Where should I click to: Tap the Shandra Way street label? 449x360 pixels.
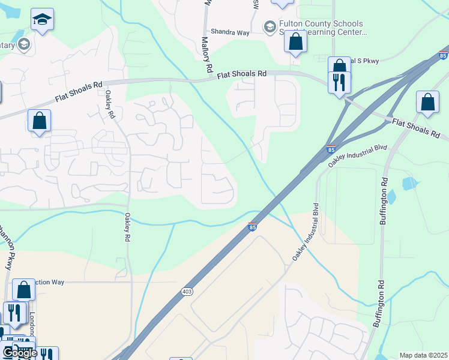pyautogui.click(x=229, y=32)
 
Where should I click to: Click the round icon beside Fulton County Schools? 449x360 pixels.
pyautogui.click(x=270, y=27)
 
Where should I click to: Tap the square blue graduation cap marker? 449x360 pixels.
pyautogui.click(x=42, y=20)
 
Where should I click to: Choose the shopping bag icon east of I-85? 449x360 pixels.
pyautogui.click(x=427, y=103)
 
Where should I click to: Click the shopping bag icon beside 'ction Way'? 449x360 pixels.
pyautogui.click(x=23, y=290)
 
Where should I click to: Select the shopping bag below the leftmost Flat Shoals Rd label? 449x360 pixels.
pyautogui.click(x=39, y=121)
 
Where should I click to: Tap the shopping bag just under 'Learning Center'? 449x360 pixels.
pyautogui.click(x=295, y=42)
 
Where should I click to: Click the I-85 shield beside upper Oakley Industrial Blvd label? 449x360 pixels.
pyautogui.click(x=331, y=148)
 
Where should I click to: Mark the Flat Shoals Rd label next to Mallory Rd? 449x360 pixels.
pyautogui.click(x=241, y=73)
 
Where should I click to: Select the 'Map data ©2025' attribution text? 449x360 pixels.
pyautogui.click(x=423, y=355)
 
